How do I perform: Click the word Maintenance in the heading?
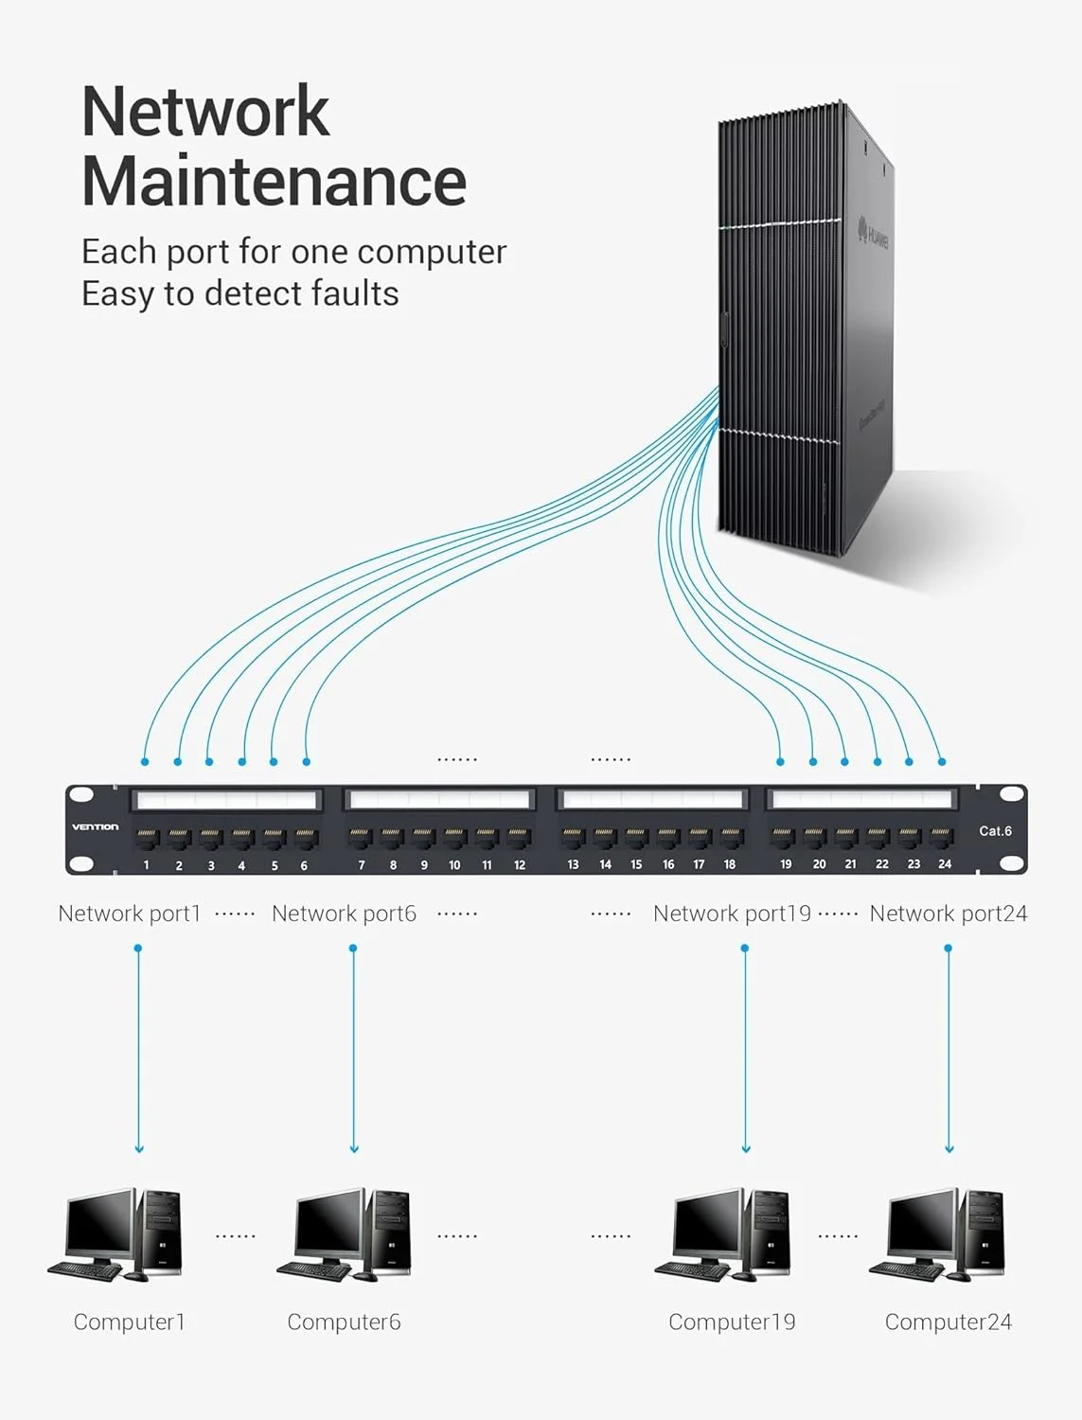click(x=274, y=181)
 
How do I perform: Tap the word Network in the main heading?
click(x=205, y=112)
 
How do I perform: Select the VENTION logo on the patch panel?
click(x=96, y=826)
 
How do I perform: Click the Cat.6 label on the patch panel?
click(x=995, y=831)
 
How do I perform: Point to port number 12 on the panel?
click(x=519, y=838)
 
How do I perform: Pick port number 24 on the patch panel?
click(x=942, y=838)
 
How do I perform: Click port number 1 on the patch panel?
click(x=147, y=838)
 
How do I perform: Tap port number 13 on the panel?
click(x=573, y=838)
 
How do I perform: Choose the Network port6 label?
click(x=344, y=914)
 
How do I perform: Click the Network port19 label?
click(x=732, y=914)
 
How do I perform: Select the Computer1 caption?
click(x=130, y=1322)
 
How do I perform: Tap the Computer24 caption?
click(x=948, y=1322)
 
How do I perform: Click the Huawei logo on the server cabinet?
click(x=873, y=233)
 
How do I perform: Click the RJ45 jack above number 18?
click(x=730, y=838)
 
